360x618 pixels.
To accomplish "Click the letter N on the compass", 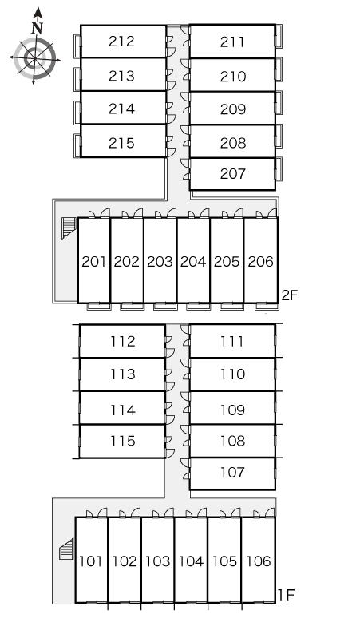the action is [37, 28].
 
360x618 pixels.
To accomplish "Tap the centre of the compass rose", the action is [35, 59].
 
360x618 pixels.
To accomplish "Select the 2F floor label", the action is [290, 295].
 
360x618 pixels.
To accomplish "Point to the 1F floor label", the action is [287, 596].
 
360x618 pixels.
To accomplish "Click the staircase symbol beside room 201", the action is [68, 228].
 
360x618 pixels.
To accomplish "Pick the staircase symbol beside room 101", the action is [66, 549].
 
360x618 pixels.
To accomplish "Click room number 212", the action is [121, 41].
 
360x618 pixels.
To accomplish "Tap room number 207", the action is [233, 173].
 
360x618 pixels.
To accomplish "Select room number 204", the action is [193, 261].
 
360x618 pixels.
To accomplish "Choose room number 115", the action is [123, 441].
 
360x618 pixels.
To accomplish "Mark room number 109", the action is [233, 410].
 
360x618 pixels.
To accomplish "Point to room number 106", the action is [259, 561].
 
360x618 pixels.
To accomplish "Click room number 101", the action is [91, 561].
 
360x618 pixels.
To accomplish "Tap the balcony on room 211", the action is [279, 36].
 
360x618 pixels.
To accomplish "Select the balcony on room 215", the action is [77, 146].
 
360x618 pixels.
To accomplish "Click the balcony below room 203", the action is [165, 307].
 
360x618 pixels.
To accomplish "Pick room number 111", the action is [232, 341].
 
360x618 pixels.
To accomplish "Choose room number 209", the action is [233, 109].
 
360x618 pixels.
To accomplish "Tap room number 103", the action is [157, 561].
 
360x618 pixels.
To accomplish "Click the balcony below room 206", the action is [267, 307].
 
